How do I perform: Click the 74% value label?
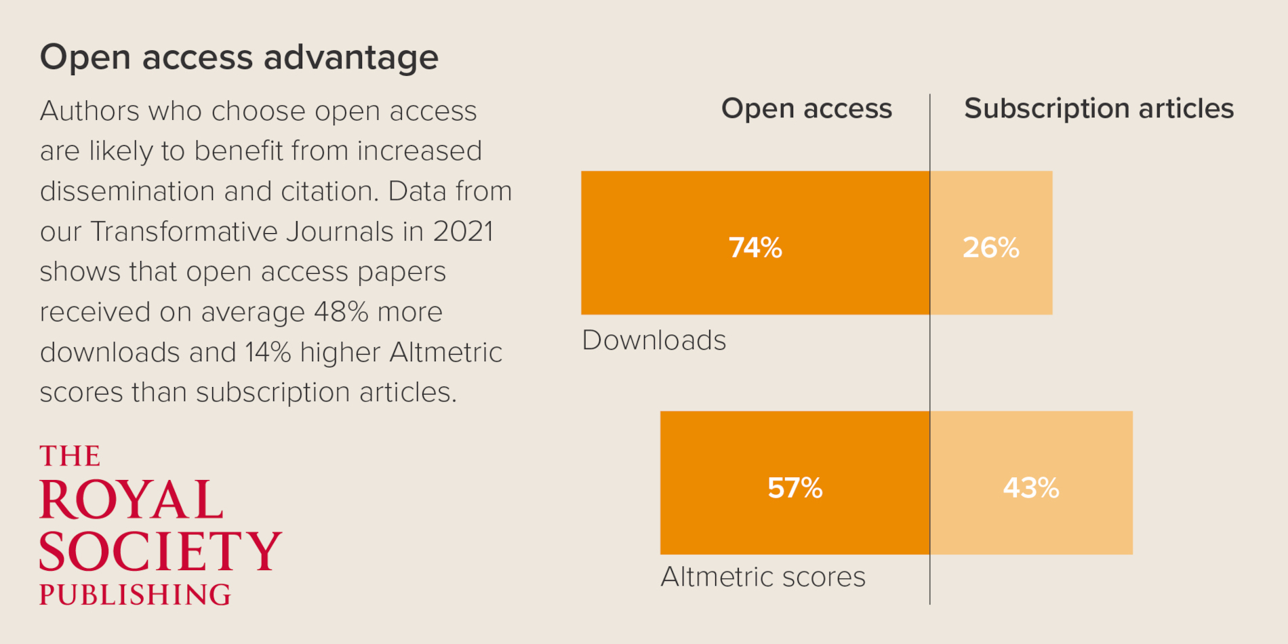click(755, 247)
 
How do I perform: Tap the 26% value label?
click(990, 247)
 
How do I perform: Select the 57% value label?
click(794, 487)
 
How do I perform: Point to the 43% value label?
click(1030, 487)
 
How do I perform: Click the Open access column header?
click(806, 108)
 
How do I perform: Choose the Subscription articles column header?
click(1098, 108)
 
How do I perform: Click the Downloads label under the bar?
click(653, 340)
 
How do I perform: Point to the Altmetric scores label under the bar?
click(763, 577)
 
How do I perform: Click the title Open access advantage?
click(239, 57)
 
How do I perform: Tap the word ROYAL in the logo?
click(132, 500)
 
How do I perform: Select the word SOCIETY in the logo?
click(160, 550)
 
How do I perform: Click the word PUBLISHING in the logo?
click(135, 595)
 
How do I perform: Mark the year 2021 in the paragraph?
click(463, 232)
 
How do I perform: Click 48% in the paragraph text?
click(341, 313)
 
